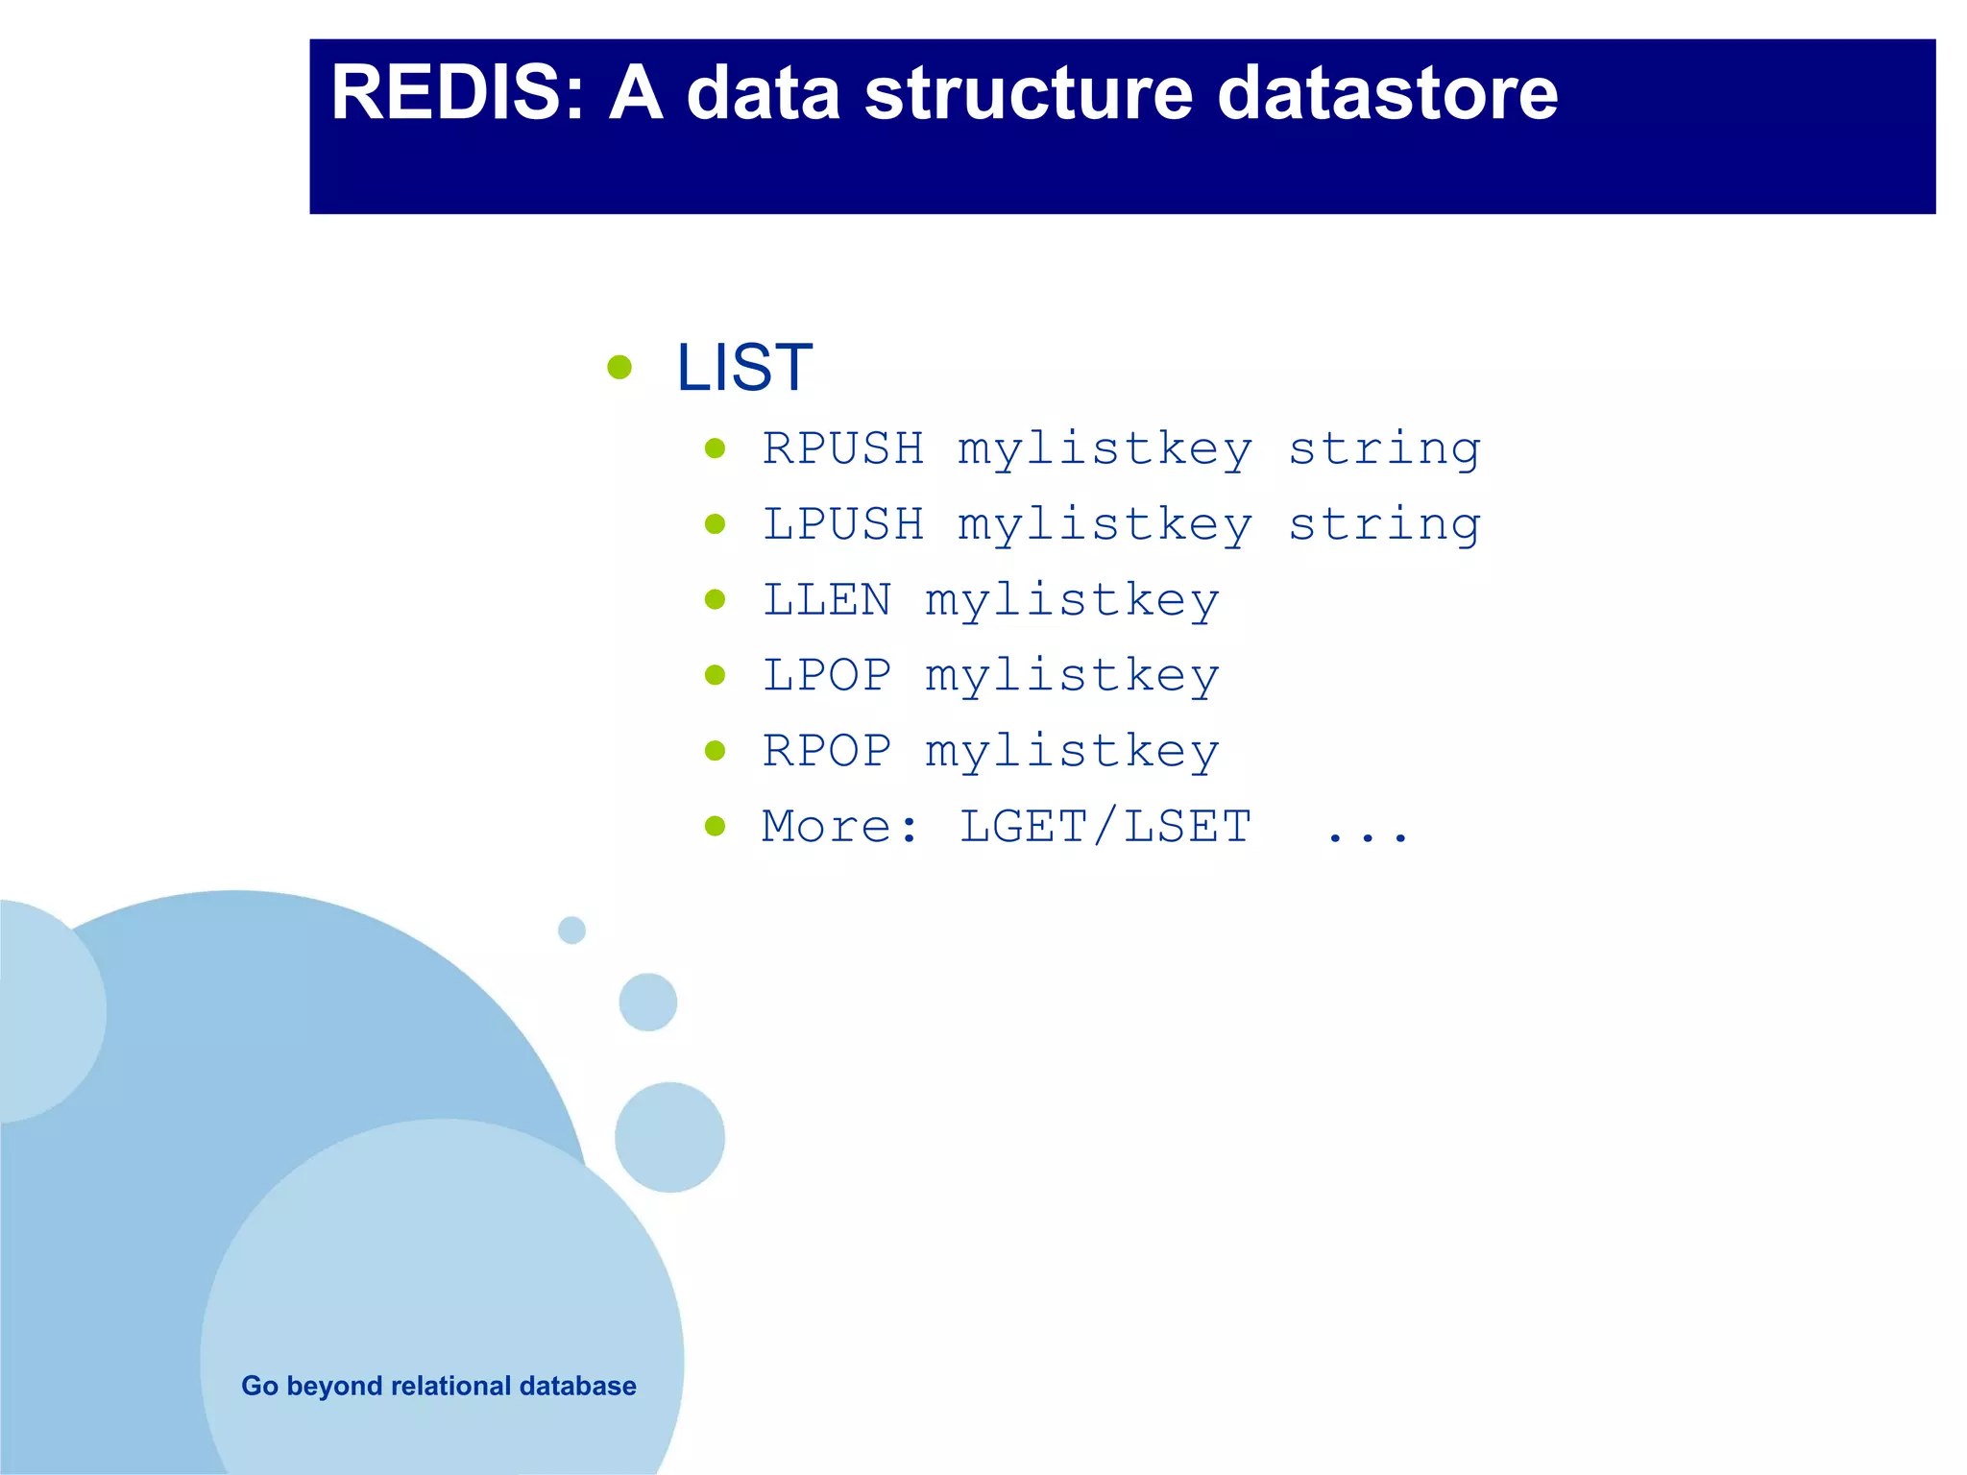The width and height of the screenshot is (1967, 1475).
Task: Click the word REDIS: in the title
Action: point(457,93)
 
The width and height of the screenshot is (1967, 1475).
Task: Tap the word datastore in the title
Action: point(1387,93)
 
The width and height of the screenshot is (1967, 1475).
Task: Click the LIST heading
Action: point(744,367)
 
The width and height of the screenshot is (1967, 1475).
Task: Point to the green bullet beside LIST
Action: point(619,367)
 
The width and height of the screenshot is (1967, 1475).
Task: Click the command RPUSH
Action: point(843,448)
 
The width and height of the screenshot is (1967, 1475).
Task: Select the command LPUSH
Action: point(843,524)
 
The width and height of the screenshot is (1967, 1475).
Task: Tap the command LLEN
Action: point(827,600)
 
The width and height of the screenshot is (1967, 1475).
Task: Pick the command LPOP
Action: point(827,675)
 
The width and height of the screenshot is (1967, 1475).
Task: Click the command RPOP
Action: point(827,751)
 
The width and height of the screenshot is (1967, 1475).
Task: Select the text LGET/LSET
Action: point(1105,827)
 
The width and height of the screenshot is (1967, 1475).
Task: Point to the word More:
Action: point(841,827)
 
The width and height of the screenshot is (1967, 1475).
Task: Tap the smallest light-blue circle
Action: point(571,930)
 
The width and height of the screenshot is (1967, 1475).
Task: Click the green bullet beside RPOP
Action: point(715,751)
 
